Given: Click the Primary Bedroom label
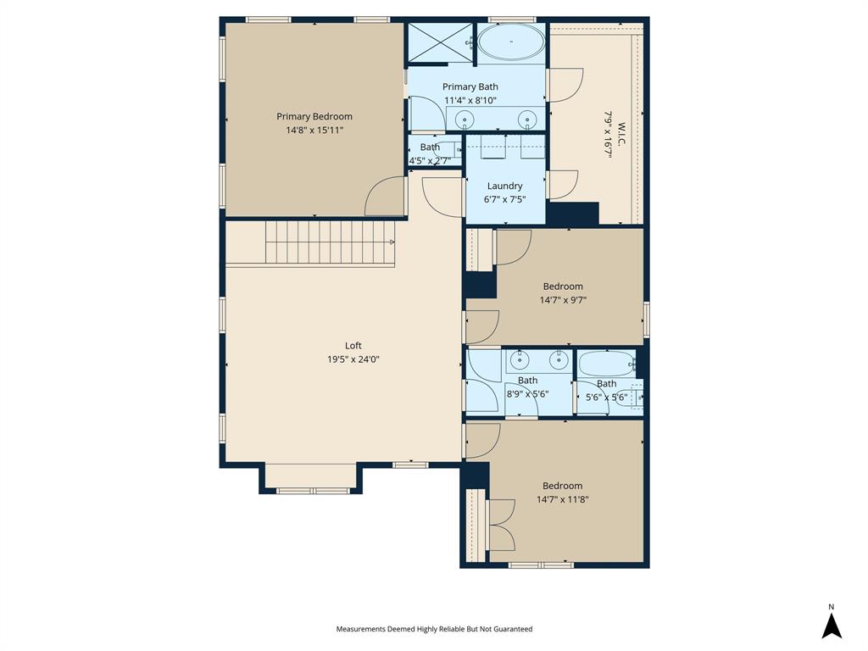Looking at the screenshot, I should click(314, 117).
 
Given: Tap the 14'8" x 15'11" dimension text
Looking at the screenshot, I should click(314, 131).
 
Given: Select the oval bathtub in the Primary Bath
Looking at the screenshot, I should click(511, 41).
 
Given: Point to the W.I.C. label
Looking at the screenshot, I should click(620, 133).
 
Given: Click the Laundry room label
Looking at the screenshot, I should click(504, 186).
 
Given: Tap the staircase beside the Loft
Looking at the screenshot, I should click(331, 242).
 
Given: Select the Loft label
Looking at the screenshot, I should click(353, 345).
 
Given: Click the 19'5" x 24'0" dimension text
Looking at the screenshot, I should click(353, 359).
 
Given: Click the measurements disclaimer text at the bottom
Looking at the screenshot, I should click(434, 629).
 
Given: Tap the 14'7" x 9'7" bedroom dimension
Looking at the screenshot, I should click(563, 300).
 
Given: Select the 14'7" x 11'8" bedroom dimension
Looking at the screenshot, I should click(563, 499).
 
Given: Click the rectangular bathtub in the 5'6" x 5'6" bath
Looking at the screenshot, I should click(605, 364).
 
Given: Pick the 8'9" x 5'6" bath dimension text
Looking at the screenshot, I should click(527, 393).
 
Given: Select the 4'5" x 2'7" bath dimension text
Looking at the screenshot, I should click(430, 160).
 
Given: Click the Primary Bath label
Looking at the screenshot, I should click(470, 86).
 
